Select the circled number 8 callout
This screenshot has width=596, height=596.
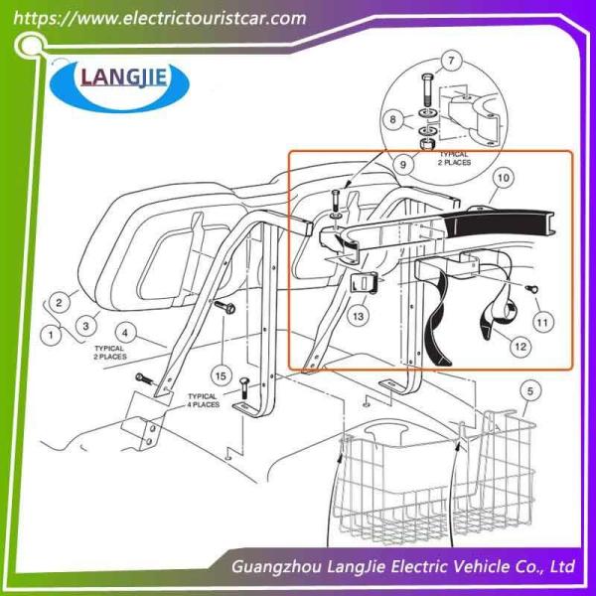[394, 120]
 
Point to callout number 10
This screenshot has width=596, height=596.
[504, 179]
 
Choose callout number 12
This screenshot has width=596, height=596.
[518, 346]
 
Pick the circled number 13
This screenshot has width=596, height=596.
[357, 316]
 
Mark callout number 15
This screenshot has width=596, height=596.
[221, 375]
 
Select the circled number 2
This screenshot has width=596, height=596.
[60, 301]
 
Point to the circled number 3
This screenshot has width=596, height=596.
[87, 323]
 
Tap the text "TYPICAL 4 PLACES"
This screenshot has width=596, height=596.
[204, 400]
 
